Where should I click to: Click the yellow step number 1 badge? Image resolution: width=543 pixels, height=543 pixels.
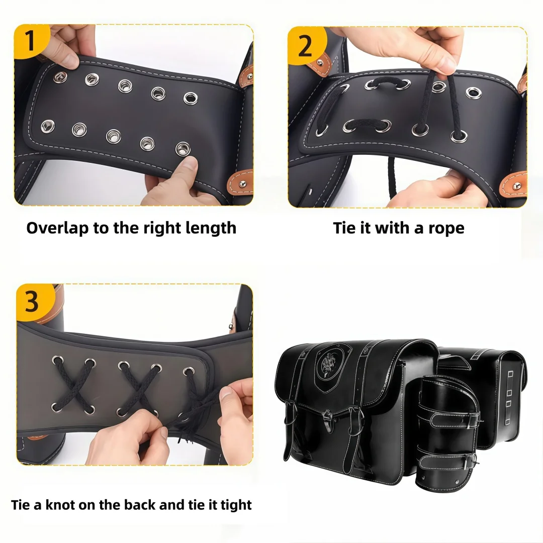point(31,41)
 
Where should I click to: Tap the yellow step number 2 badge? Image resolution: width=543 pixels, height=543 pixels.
point(306,45)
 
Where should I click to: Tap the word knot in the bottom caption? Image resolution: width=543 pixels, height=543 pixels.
point(60,505)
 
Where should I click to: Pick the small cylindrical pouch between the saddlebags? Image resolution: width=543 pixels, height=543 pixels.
point(447,433)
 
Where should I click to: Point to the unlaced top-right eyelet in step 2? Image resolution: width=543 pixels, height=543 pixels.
point(474,93)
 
